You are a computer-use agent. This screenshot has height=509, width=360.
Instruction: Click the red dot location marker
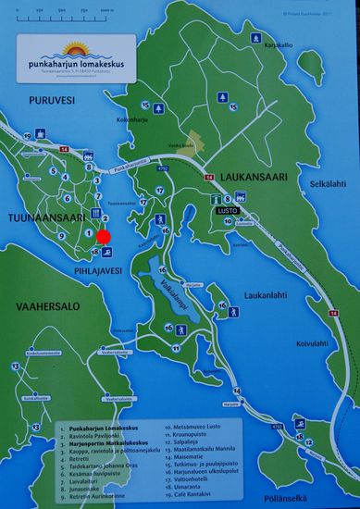point(104,236)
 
